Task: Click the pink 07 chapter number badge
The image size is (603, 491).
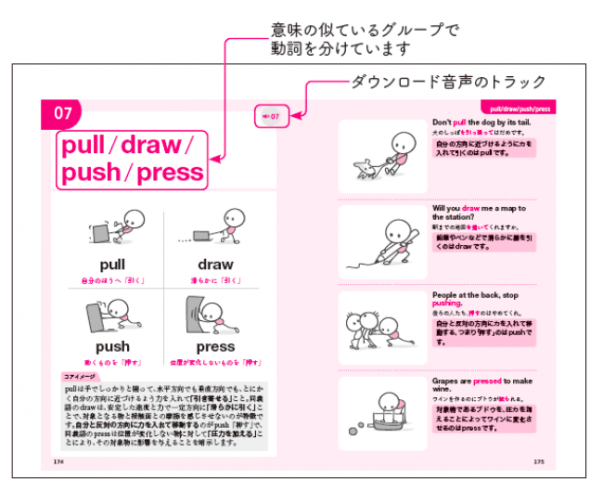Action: click(62, 114)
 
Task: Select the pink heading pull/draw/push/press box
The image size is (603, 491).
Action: click(131, 159)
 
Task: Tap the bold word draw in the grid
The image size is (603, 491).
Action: click(215, 264)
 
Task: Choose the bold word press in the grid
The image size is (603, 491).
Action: click(215, 346)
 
